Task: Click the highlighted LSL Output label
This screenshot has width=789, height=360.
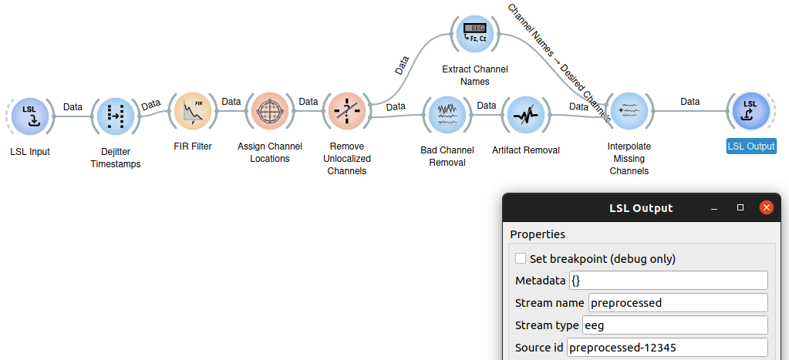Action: click(x=751, y=146)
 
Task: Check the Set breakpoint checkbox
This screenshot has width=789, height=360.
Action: click(x=521, y=259)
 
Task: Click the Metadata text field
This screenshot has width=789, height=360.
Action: click(x=668, y=281)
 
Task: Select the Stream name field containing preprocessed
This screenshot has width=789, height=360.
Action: click(x=678, y=303)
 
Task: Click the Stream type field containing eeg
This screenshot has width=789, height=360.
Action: click(x=675, y=325)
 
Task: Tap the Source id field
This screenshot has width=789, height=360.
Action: click(x=667, y=348)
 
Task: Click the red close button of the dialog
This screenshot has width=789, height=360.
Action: click(x=766, y=207)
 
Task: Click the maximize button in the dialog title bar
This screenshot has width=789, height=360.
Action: click(x=740, y=208)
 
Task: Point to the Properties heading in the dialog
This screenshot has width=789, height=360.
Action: click(x=538, y=234)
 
